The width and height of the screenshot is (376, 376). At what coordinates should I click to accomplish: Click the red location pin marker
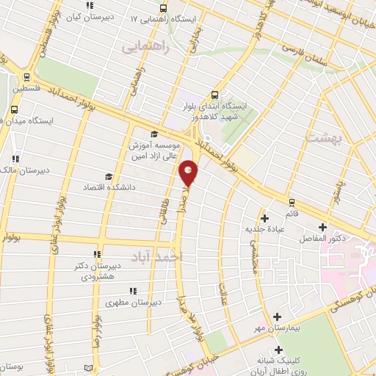[189, 173]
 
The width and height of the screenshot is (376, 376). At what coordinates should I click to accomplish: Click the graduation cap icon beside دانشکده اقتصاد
[109, 176]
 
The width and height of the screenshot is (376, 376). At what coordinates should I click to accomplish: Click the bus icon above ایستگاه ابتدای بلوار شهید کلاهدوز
[215, 94]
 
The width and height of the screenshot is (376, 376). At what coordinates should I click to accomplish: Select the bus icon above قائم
[292, 201]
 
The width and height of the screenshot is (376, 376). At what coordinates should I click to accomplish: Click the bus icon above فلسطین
[26, 76]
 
